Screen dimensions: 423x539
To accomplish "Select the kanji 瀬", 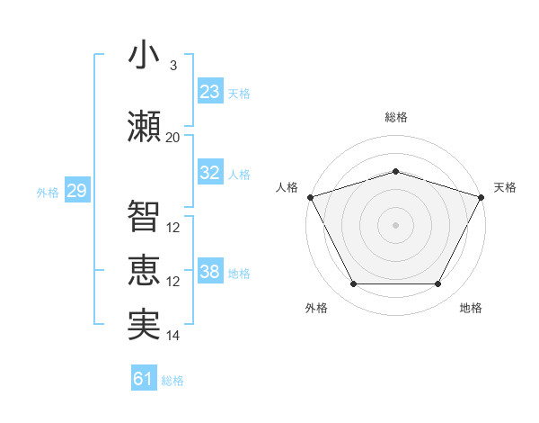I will (144, 127).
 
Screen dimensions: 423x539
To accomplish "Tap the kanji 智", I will (144, 216).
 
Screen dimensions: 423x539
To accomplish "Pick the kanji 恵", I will (144, 271).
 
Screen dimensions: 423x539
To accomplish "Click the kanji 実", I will (144, 325).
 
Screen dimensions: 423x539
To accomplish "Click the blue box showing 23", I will (210, 92).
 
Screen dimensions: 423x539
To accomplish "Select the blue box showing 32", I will (210, 173).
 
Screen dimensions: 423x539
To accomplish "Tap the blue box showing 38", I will (210, 272).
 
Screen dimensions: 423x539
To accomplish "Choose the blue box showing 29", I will (76, 191).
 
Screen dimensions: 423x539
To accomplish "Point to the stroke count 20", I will (172, 138).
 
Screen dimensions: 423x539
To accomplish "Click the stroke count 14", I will (172, 336).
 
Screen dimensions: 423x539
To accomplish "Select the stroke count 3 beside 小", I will (172, 66).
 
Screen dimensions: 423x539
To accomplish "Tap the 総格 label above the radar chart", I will (395, 117).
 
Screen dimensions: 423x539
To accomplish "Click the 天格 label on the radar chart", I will (506, 187).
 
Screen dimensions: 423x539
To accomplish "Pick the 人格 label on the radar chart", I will (287, 187).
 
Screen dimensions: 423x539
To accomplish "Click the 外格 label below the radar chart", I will (316, 309).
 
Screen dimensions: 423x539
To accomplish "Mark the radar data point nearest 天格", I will (482, 196).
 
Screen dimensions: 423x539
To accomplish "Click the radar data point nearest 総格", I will (395, 171).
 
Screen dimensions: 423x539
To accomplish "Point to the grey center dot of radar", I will (395, 224).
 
